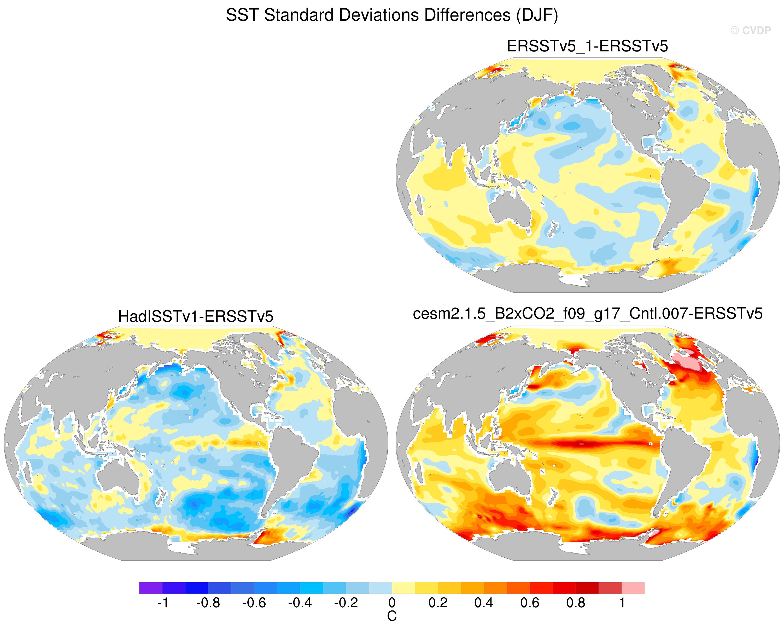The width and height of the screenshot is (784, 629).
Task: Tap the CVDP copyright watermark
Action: [x=751, y=31]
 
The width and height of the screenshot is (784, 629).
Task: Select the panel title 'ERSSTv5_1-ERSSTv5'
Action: [x=587, y=46]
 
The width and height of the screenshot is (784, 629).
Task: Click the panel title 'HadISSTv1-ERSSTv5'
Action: [x=196, y=316]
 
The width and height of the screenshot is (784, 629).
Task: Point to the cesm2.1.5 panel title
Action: [x=588, y=314]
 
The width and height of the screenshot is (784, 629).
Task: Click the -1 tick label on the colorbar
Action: [x=162, y=603]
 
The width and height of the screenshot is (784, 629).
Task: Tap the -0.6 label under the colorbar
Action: [x=254, y=603]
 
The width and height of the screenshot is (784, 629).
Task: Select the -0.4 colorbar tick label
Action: [x=300, y=603]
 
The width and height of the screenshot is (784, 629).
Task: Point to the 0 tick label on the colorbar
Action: [x=392, y=603]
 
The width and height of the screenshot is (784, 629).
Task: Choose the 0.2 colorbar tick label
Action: [x=438, y=603]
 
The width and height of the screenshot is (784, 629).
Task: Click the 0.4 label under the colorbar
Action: [x=484, y=603]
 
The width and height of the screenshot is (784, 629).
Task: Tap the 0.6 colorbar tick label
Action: [x=530, y=603]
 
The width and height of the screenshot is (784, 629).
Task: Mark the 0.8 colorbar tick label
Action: [x=576, y=603]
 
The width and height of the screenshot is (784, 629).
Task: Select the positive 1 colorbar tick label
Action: [x=622, y=603]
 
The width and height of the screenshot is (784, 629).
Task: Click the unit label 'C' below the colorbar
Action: [x=392, y=616]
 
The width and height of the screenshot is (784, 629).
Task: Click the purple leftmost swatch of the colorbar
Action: [x=150, y=588]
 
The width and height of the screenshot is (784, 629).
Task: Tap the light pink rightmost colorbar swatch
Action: [x=633, y=588]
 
